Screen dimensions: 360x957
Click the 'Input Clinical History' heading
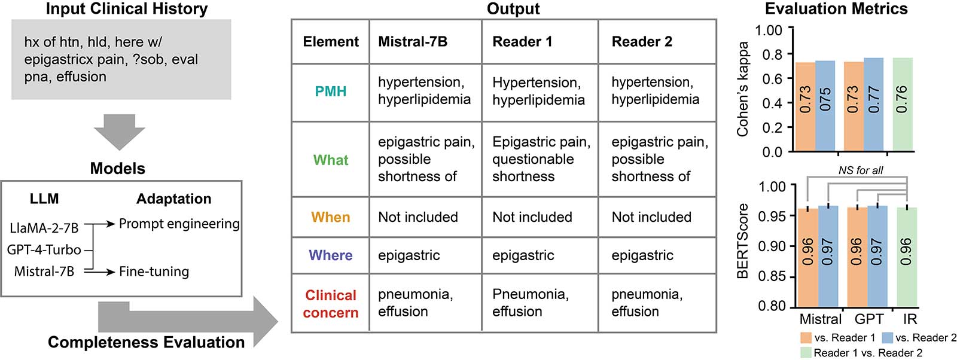127,9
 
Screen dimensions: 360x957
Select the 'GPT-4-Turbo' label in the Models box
44,249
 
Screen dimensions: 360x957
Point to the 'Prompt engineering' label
179,224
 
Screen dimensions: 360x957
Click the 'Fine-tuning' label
154,271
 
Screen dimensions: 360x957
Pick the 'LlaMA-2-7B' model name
44,228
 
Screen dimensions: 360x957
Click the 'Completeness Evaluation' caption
146,342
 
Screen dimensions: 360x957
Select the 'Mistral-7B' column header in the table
413,41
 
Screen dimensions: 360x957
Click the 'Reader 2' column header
642,41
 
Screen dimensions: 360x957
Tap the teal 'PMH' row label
330,91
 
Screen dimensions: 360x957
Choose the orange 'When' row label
330,217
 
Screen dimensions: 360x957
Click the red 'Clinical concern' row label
330,304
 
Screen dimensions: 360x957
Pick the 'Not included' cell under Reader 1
532,217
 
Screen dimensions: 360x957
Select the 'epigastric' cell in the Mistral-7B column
409,255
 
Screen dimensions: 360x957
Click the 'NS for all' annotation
861,170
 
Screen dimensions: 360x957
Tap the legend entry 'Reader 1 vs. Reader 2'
867,353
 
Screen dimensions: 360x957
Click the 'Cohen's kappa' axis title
743,89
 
